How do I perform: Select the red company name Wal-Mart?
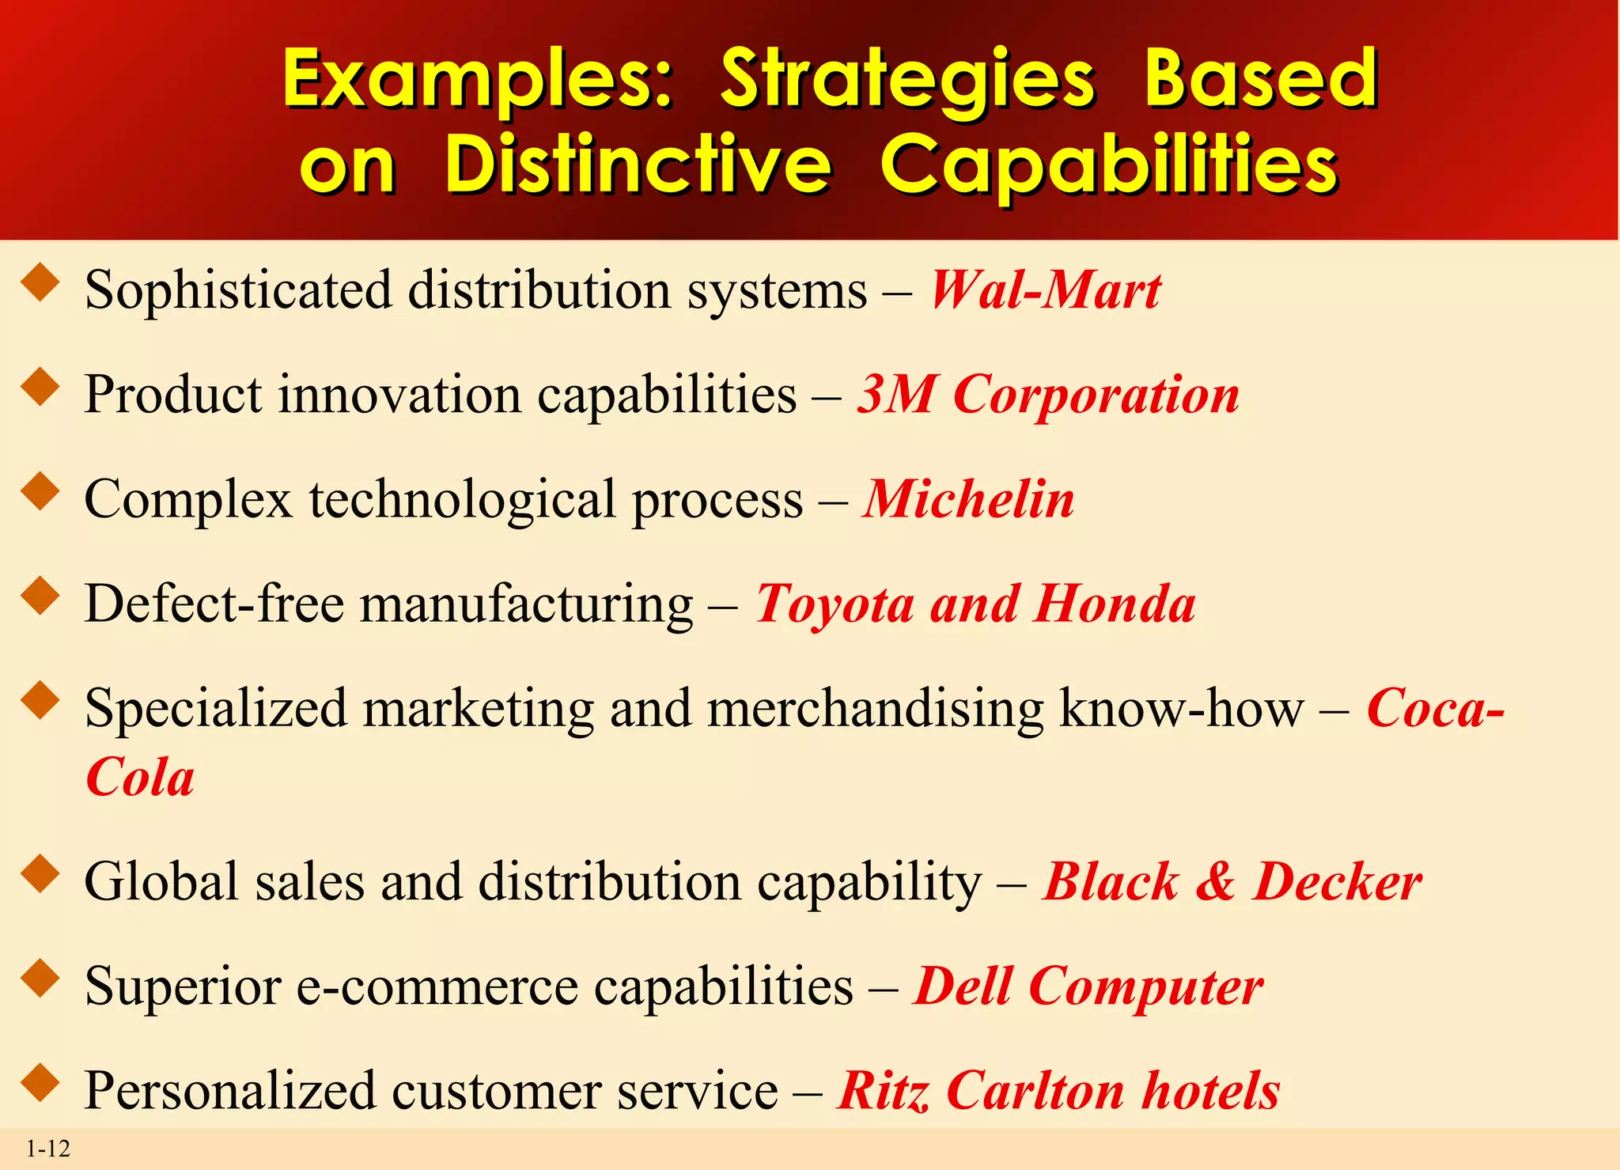coord(1045,290)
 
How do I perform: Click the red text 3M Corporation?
coord(1048,394)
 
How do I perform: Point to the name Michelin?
coord(969,499)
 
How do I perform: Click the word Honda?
coord(1115,604)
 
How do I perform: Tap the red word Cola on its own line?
coord(140,778)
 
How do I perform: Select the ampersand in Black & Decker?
coord(1215,881)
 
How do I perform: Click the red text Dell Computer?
coord(1088,986)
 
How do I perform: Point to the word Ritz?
coord(883,1091)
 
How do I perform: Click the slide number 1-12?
coord(48,1149)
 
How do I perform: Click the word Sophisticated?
coord(238,290)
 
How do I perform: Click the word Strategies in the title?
coord(908,80)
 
